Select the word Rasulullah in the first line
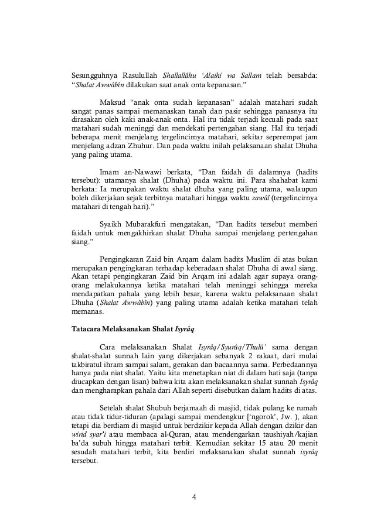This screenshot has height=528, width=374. pos(141,76)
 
